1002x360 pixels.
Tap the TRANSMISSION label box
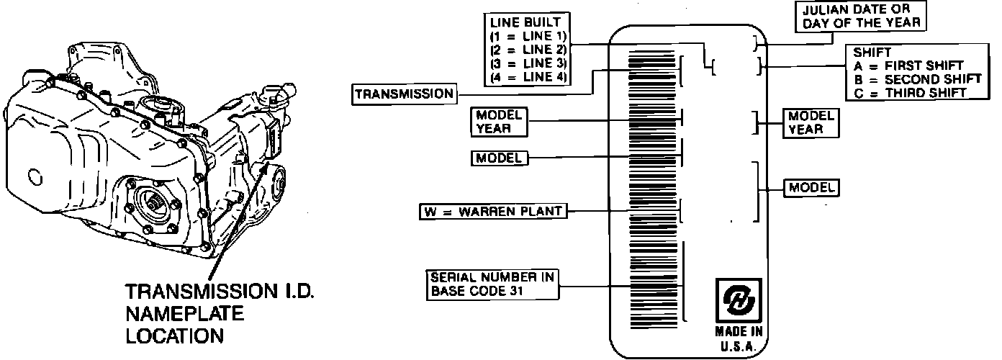point(405,94)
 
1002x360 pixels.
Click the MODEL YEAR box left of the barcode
point(498,122)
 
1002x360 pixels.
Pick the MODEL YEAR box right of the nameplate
point(811,122)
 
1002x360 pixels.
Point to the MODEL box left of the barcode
point(499,158)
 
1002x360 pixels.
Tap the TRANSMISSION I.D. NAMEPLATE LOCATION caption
point(220,313)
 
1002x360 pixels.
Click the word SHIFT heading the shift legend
point(871,53)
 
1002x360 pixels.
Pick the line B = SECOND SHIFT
point(914,78)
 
